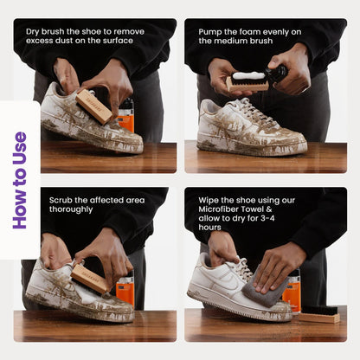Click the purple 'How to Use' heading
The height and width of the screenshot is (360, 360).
tap(20, 180)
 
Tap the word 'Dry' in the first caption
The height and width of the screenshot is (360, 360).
tap(33, 32)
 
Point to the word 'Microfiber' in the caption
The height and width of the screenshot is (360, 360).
tap(218, 209)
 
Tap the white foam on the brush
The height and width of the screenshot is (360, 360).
tap(248, 75)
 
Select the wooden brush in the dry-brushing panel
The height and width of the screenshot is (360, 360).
tap(94, 106)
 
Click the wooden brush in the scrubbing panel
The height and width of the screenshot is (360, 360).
tap(89, 280)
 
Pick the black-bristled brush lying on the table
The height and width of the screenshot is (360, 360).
tap(319, 314)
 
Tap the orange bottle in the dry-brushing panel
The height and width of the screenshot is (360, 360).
tap(126, 115)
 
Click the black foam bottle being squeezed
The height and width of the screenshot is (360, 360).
tap(278, 74)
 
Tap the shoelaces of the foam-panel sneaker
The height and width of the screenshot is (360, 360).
tap(254, 111)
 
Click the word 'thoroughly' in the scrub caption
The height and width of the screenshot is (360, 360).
tap(71, 209)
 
